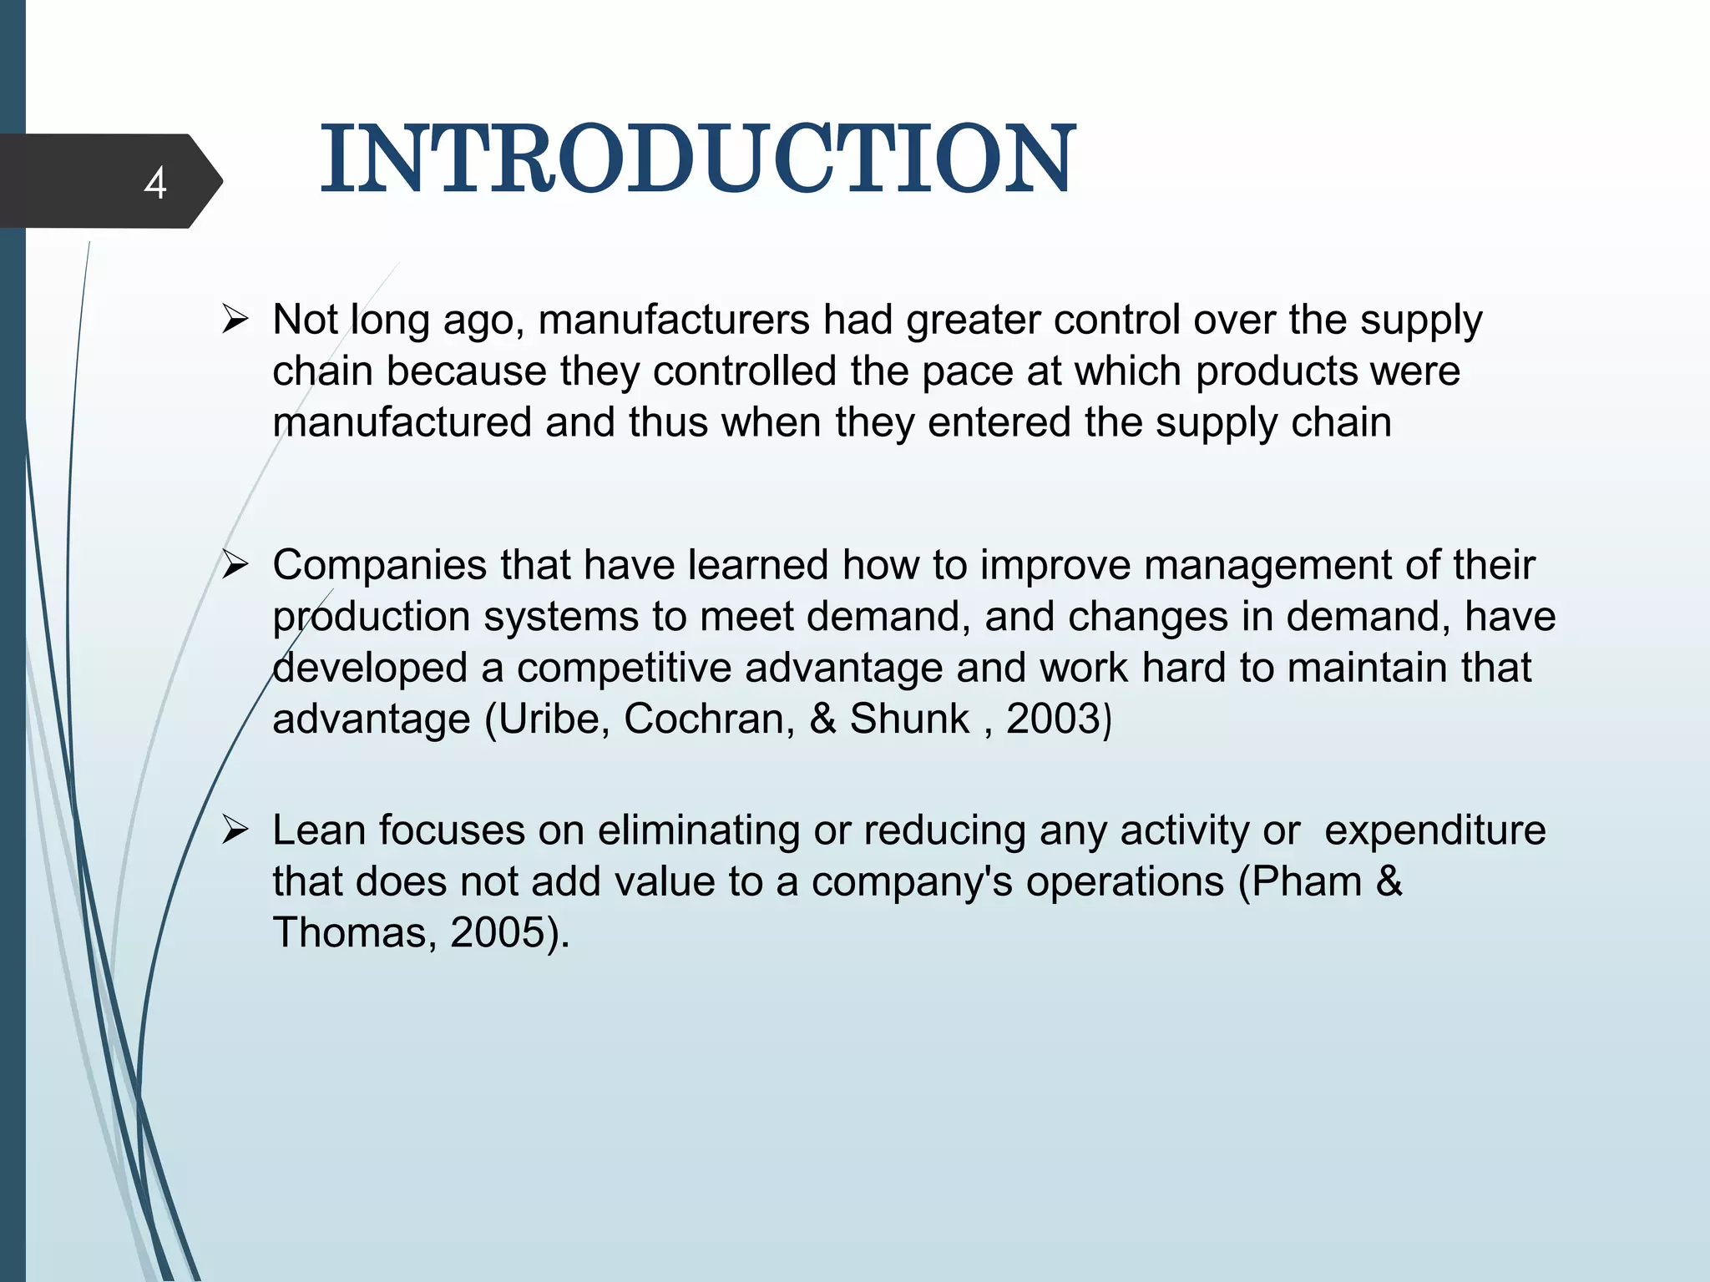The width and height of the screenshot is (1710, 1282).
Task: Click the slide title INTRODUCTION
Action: pos(698,159)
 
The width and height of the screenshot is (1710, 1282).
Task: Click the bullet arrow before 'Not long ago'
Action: pos(235,320)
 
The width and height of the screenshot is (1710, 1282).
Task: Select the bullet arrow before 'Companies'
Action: pos(235,565)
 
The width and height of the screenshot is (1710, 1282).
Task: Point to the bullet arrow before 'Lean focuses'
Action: pos(235,830)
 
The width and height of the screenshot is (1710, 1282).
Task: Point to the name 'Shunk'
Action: pos(908,719)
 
